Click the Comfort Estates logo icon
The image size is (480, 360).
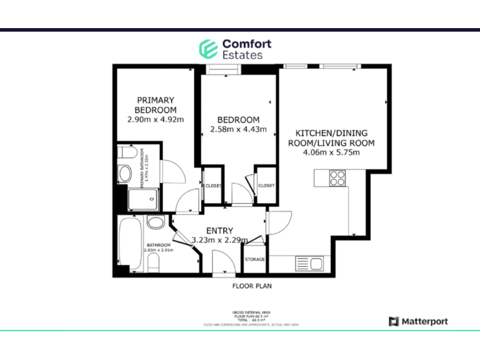207,49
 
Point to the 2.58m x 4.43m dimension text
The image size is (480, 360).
238,130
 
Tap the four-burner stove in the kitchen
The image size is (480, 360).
337,179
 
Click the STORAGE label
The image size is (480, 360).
254,259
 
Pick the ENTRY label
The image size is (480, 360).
219,231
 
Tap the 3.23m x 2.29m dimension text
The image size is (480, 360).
219,240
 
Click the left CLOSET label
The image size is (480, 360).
212,186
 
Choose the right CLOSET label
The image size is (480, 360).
266,186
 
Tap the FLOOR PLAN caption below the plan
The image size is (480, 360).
252,286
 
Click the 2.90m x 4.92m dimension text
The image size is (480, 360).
156,119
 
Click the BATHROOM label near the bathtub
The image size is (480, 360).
158,245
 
